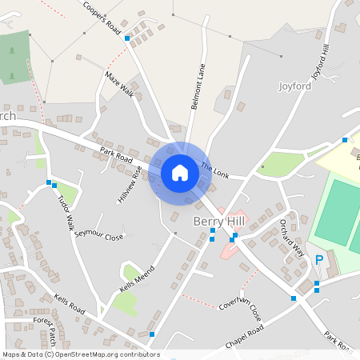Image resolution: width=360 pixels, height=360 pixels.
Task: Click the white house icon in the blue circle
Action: pyautogui.click(x=180, y=173)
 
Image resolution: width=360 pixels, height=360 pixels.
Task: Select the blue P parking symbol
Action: pyautogui.click(x=319, y=260)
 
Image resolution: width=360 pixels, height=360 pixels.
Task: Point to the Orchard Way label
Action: pyautogui.click(x=292, y=238)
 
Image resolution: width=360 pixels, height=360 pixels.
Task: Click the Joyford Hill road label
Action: pyautogui.click(x=321, y=61)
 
